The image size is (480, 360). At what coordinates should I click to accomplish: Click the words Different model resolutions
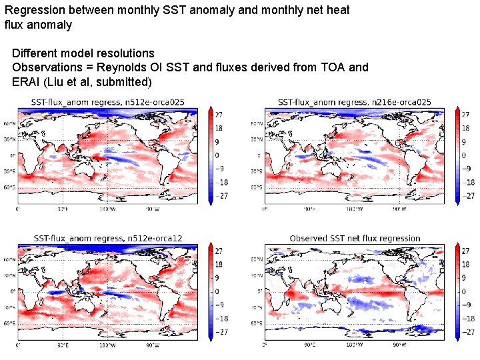[83, 53]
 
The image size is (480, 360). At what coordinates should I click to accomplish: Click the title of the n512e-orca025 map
[107, 102]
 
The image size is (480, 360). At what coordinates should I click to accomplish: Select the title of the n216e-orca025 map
[354, 102]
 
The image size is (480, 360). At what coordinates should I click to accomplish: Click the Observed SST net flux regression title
[355, 238]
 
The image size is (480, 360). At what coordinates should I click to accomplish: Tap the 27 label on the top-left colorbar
[218, 115]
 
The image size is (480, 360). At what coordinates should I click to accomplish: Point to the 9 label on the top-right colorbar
[464, 142]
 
